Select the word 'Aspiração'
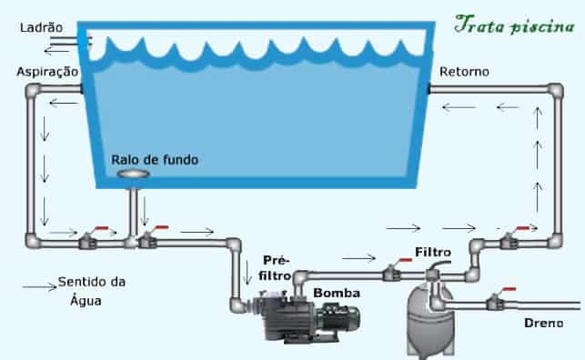pos(46,71)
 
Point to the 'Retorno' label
pos(464,71)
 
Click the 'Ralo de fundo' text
pos(155,159)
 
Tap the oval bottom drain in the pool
pos(133,174)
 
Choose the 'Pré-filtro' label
pos(277,266)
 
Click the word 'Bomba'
pos(337,293)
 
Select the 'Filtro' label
pos(431,251)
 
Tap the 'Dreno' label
pos(543,323)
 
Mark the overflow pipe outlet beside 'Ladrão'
pos(83,37)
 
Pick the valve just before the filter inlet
pos(394,270)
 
